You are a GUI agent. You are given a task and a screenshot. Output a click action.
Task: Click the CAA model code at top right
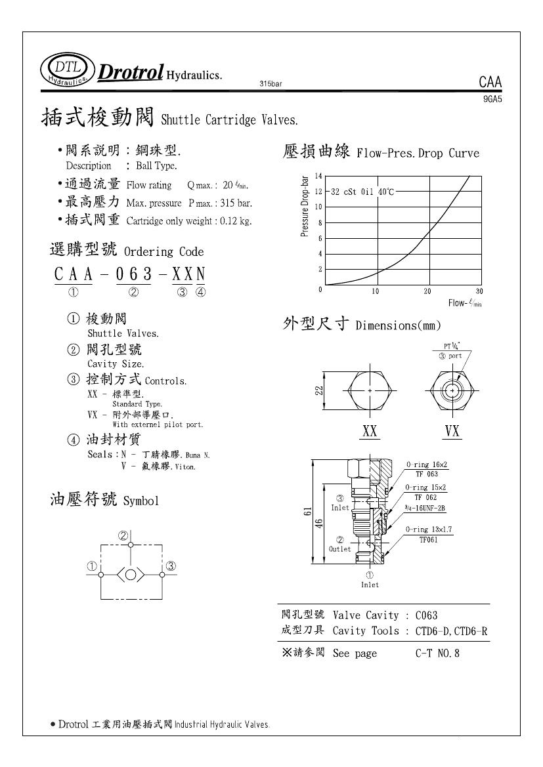490,83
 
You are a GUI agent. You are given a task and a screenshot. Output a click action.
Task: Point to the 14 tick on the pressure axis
318,176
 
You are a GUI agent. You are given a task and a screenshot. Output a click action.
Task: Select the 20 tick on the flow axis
427,291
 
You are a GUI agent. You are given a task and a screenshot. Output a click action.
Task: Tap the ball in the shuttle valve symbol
131,575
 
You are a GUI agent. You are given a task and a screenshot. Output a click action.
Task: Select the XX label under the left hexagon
370,431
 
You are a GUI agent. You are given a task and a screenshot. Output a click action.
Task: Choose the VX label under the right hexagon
452,431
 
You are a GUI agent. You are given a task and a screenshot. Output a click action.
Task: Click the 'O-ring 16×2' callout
426,465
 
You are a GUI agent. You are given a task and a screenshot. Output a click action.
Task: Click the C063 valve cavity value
427,615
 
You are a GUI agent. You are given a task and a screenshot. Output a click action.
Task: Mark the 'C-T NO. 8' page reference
438,653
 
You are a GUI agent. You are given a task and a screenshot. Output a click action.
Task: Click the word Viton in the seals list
186,467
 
